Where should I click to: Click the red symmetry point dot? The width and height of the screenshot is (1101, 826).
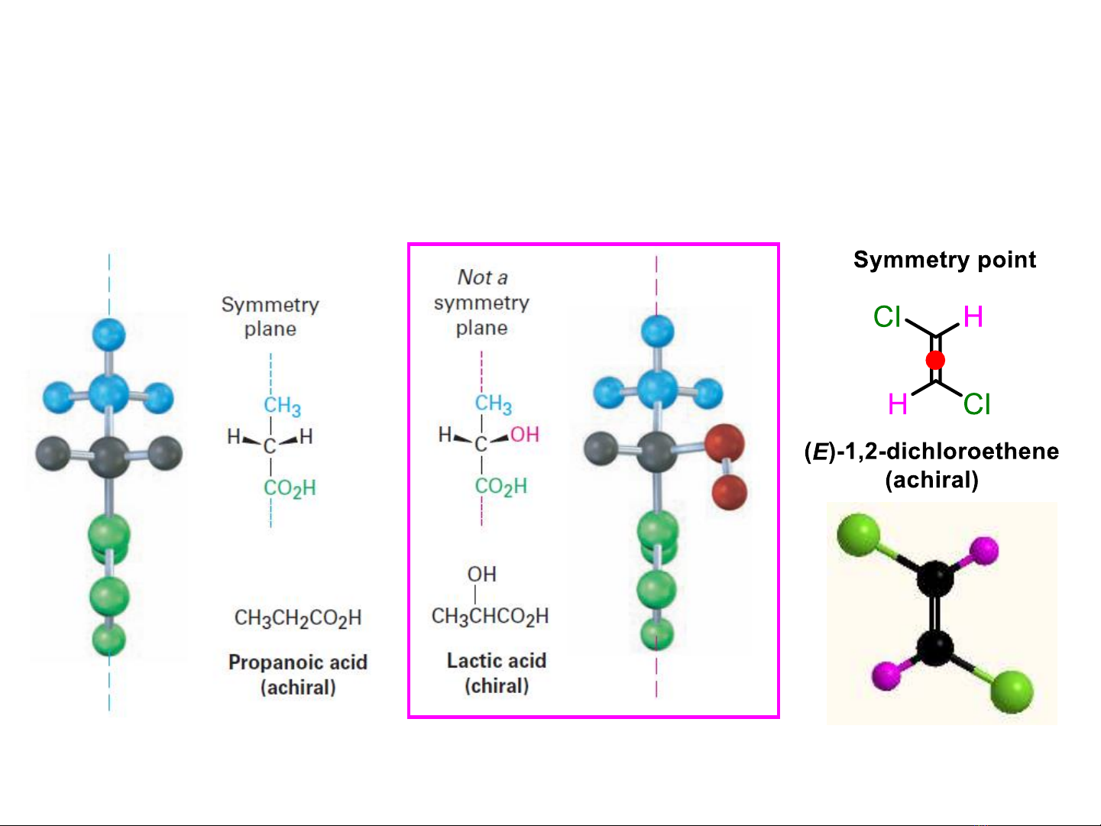(x=935, y=360)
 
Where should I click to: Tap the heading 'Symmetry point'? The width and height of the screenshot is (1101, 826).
(x=944, y=260)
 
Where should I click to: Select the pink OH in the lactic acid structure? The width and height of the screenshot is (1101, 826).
(x=525, y=435)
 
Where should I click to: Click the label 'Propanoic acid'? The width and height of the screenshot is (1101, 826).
(x=298, y=662)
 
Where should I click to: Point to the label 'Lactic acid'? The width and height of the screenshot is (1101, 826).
(x=497, y=660)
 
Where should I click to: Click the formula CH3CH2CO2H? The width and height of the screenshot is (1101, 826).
(x=298, y=617)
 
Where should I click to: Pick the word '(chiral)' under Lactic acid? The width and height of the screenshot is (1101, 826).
(x=497, y=685)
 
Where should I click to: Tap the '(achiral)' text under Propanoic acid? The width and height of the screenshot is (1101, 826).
(x=298, y=687)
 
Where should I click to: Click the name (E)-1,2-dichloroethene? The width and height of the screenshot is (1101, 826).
(x=932, y=451)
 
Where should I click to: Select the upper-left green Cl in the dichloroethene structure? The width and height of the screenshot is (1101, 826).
(x=887, y=316)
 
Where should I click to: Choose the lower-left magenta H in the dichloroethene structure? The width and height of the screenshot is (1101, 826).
(x=898, y=403)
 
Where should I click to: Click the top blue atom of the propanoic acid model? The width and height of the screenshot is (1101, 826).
(x=108, y=335)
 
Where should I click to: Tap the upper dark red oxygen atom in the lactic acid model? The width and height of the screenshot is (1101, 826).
(x=724, y=443)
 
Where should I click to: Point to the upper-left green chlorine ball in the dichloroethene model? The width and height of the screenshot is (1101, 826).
(x=858, y=533)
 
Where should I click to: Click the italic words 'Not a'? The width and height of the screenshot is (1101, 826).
(x=482, y=277)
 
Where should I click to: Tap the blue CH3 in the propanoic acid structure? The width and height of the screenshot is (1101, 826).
(x=282, y=405)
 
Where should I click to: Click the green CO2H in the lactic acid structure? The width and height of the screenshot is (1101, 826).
(x=500, y=486)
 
